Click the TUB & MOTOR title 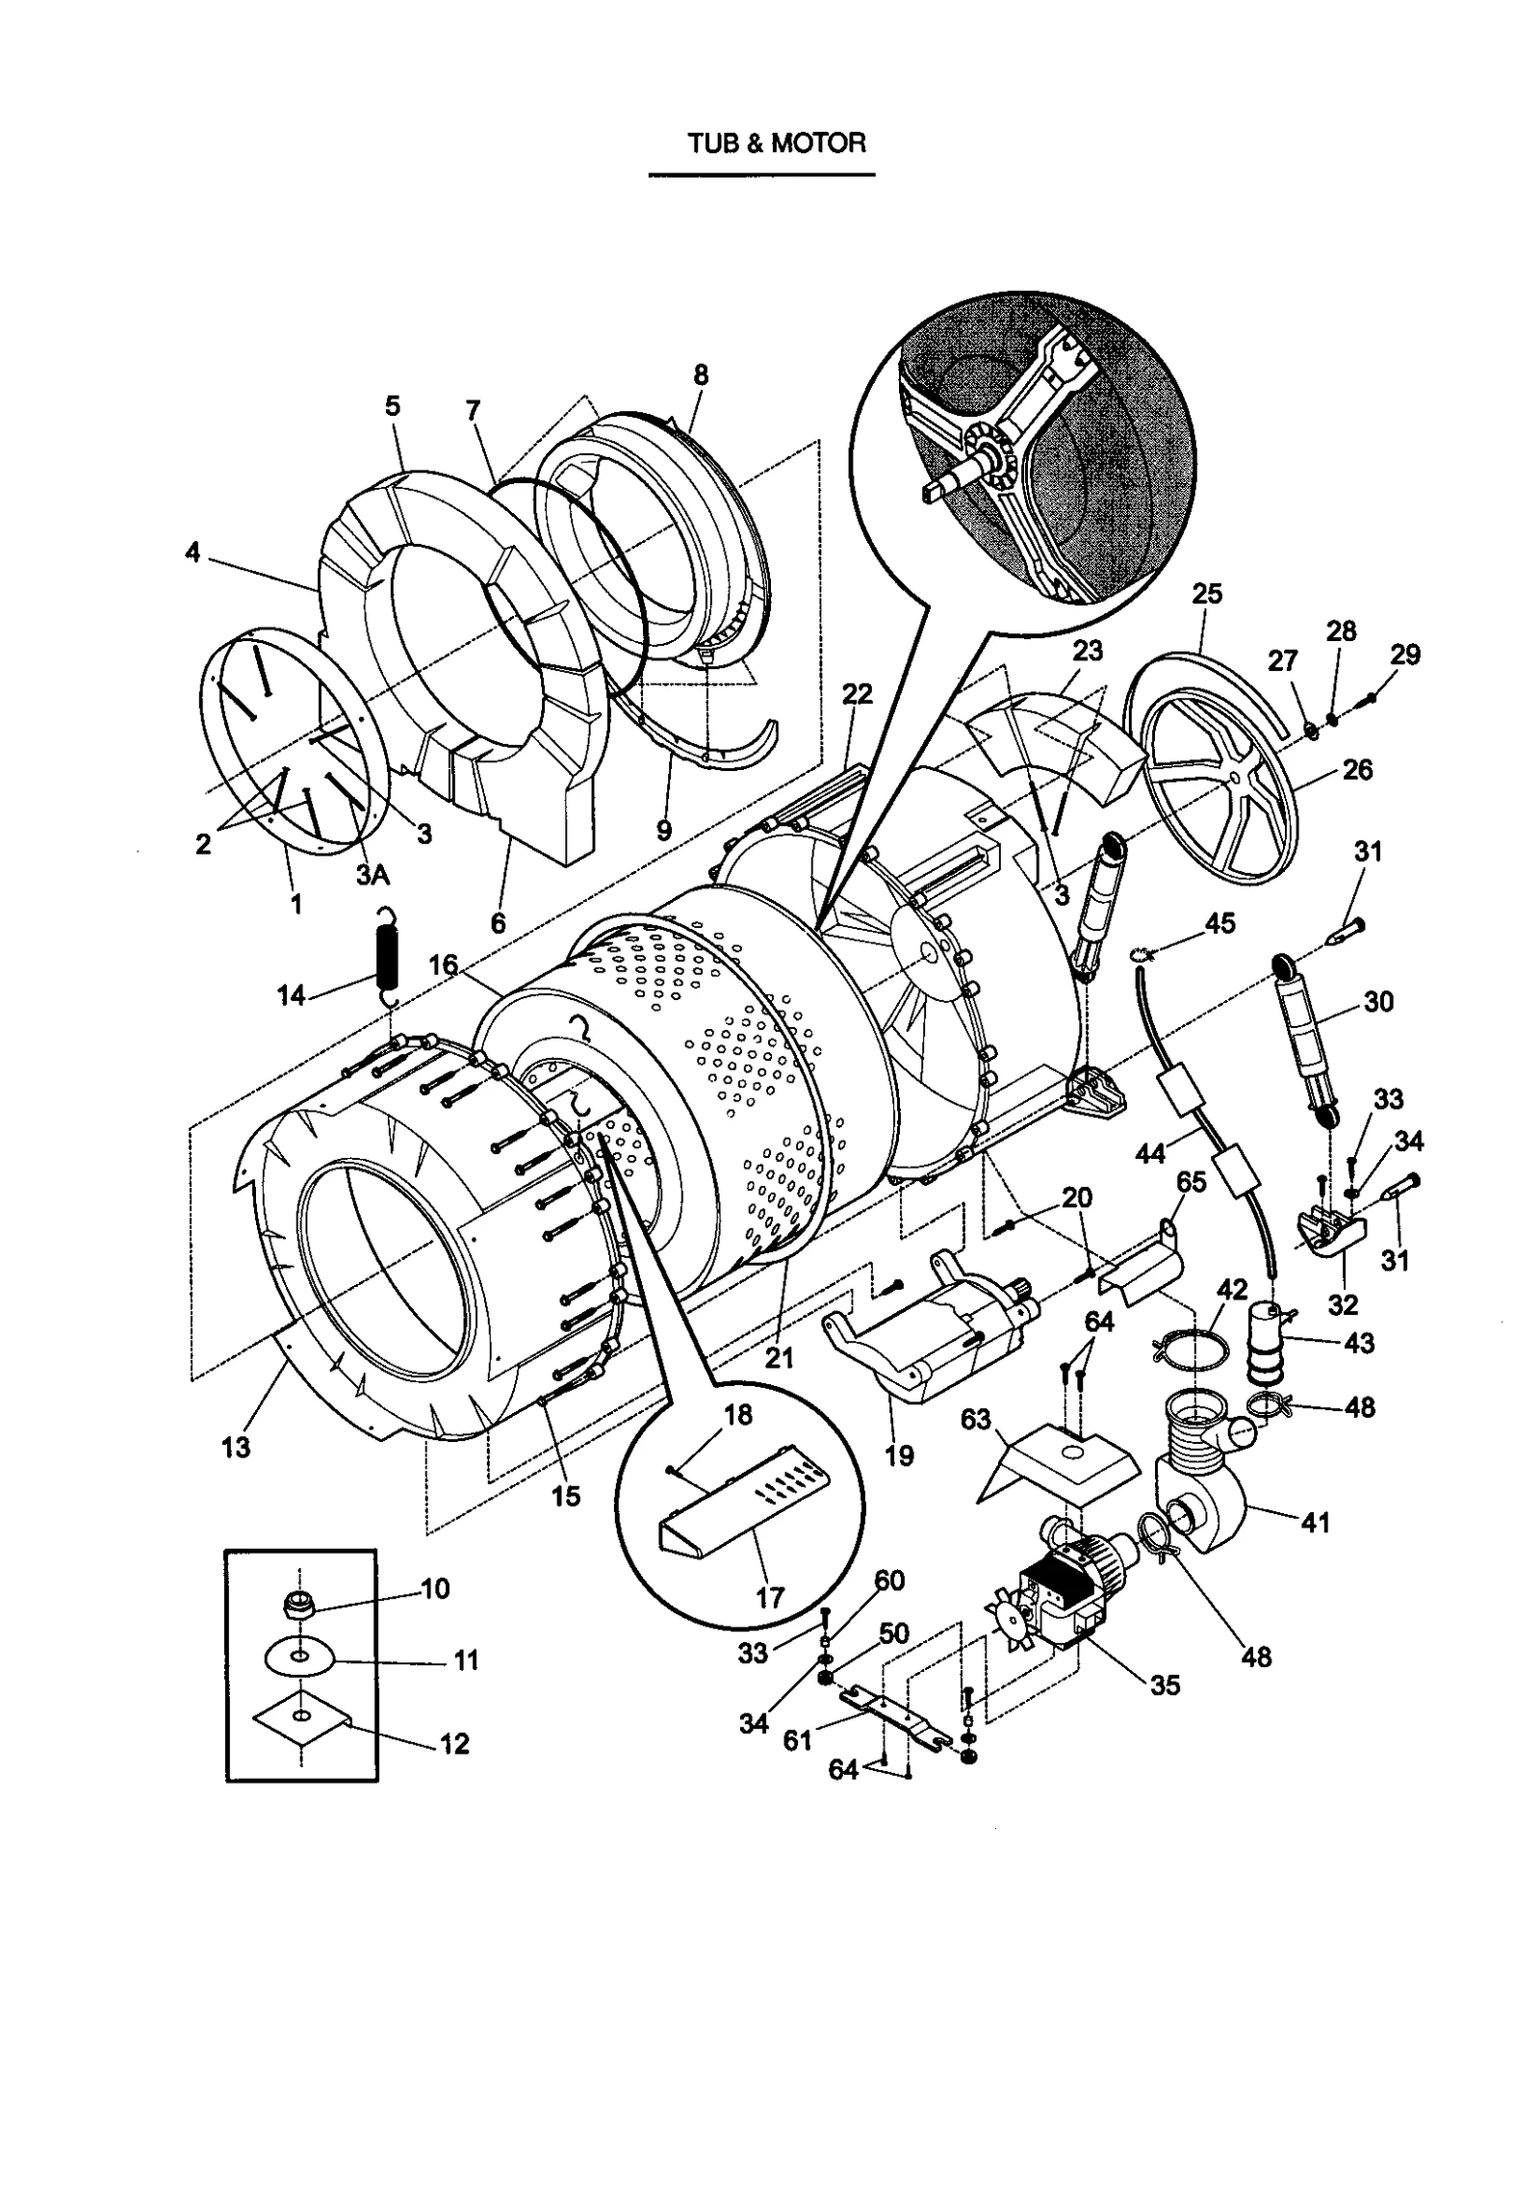(x=776, y=143)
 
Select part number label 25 (x=1206, y=594)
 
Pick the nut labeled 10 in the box (x=298, y=1603)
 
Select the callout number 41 (x=1315, y=1522)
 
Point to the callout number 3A (x=372, y=874)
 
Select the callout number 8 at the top (x=700, y=374)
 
